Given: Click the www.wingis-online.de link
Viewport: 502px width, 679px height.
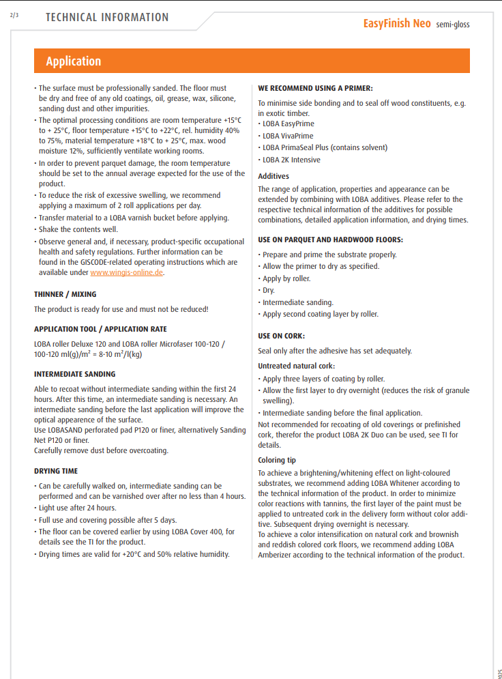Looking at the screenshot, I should (127, 273).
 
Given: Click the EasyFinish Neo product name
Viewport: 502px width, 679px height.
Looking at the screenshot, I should (396, 23).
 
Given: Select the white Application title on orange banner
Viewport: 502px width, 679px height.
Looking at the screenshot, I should (74, 61).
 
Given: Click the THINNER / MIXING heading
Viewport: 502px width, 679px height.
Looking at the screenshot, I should (65, 295).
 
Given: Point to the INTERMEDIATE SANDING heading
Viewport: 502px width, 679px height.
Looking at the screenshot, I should (75, 374).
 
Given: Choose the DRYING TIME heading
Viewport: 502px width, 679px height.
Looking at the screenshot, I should (56, 471).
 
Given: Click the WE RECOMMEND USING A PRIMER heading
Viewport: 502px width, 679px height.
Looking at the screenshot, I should (315, 88).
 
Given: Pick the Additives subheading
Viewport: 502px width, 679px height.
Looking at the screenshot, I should (274, 176).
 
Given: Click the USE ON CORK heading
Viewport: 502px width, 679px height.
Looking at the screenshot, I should (281, 336).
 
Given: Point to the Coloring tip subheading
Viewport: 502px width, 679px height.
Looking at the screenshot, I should (277, 461).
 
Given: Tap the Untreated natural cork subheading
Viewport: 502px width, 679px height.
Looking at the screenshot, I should (296, 366).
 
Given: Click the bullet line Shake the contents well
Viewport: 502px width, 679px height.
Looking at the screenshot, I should (78, 229).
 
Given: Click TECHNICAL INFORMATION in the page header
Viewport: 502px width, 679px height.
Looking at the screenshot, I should (107, 18).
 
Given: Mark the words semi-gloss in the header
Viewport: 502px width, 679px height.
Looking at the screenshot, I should (453, 25).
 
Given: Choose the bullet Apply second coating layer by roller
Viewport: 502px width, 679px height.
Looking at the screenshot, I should (321, 314).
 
